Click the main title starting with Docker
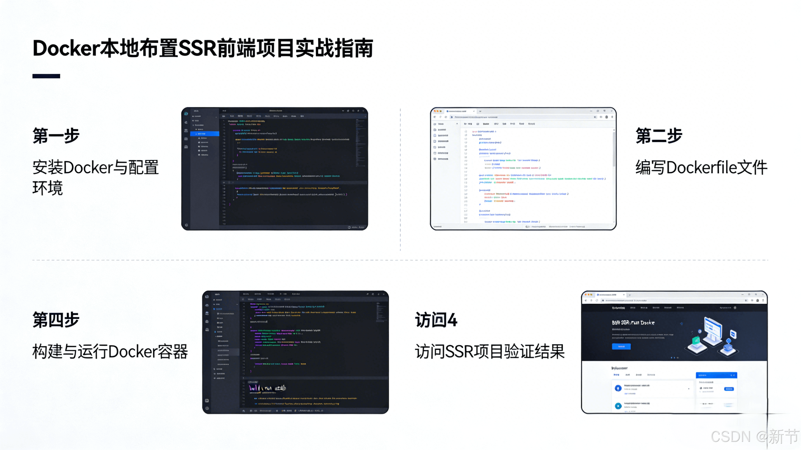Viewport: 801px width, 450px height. pyautogui.click(x=203, y=48)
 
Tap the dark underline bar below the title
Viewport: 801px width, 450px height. pyautogui.click(x=46, y=76)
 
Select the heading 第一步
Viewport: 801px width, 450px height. pyautogui.click(x=56, y=135)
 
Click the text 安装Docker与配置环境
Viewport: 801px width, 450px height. pyautogui.click(x=95, y=177)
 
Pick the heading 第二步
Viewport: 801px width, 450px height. pyautogui.click(x=659, y=135)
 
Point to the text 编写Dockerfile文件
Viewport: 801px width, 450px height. pyautogui.click(x=701, y=167)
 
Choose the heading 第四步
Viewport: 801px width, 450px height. pyautogui.click(x=56, y=320)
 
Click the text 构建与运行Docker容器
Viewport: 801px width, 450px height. pyautogui.click(x=110, y=351)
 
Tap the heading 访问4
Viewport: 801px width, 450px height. pyautogui.click(x=436, y=320)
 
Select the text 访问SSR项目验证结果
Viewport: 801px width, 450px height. pyautogui.click(x=490, y=351)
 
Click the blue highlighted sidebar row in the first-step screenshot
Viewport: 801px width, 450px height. pyautogui.click(x=205, y=134)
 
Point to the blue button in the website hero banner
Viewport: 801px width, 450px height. pyautogui.click(x=621, y=346)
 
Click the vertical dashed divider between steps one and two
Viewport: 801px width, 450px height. pyautogui.click(x=400, y=180)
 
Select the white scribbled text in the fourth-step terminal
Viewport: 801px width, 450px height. pyautogui.click(x=267, y=388)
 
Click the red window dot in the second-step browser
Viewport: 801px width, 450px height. pyautogui.click(x=435, y=111)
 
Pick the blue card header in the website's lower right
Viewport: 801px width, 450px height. pyautogui.click(x=716, y=375)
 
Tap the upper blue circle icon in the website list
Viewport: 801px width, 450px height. pyautogui.click(x=618, y=388)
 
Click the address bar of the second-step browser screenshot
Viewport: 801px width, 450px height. pyautogui.click(x=522, y=117)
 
